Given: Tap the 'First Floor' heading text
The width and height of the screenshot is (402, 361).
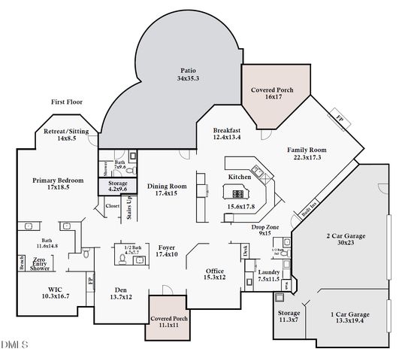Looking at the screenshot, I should [x=67, y=102].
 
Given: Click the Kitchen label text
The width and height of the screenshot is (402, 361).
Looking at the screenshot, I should [x=240, y=177].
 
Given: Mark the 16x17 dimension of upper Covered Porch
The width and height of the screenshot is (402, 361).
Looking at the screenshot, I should [x=272, y=97].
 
